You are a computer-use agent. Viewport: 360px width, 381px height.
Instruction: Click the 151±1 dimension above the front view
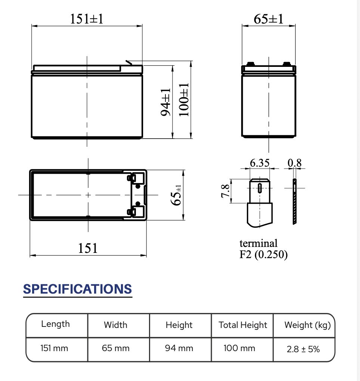86,18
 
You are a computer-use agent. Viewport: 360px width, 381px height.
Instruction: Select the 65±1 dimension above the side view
269,19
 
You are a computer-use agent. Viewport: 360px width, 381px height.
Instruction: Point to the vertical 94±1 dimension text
166,102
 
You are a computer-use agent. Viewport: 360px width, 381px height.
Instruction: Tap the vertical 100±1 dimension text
184,100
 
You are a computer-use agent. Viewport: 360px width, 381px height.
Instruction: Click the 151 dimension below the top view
88,248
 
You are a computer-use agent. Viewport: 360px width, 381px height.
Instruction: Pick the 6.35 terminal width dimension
260,163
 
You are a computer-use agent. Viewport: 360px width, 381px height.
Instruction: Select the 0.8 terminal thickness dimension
295,163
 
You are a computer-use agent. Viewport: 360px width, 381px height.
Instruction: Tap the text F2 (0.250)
264,255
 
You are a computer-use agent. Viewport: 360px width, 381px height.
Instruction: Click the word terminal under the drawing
258,244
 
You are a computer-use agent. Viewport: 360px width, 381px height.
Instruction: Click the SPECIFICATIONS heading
78,289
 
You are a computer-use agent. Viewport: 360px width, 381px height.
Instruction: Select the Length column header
55,324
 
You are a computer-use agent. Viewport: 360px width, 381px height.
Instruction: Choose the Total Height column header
243,325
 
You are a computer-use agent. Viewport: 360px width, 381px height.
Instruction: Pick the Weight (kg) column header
307,325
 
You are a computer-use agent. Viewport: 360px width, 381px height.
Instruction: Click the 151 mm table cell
55,349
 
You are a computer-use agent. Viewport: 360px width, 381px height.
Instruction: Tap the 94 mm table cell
179,349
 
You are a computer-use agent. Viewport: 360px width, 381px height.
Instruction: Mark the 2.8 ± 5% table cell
303,349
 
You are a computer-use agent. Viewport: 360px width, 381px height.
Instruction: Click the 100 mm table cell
239,349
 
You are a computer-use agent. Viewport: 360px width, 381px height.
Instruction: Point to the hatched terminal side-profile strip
294,202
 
